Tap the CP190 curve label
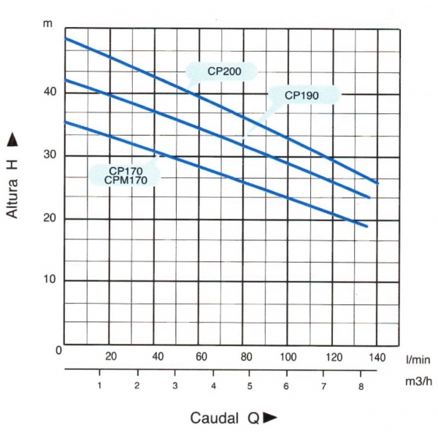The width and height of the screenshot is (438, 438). (301, 95)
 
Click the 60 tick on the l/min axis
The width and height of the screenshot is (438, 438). (201, 357)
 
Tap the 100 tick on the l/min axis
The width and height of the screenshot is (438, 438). (288, 357)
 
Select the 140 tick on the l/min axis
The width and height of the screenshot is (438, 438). (377, 357)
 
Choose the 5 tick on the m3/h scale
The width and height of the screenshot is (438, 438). (250, 385)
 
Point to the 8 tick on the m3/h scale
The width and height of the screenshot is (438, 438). (361, 385)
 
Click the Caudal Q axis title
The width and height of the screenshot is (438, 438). (224, 418)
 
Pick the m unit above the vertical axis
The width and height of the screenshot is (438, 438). (47, 25)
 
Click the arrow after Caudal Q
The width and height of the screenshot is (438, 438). (270, 418)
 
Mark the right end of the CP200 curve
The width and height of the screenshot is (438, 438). (377, 182)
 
